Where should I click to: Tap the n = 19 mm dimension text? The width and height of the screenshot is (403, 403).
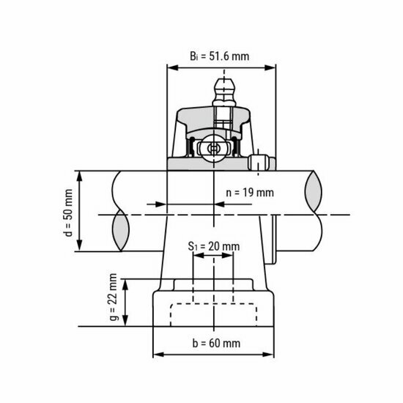(x=248, y=193)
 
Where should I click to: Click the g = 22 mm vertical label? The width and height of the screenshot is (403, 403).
(x=112, y=302)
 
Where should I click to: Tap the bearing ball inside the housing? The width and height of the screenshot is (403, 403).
(x=213, y=147)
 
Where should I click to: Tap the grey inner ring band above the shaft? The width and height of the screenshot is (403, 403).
(x=213, y=163)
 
